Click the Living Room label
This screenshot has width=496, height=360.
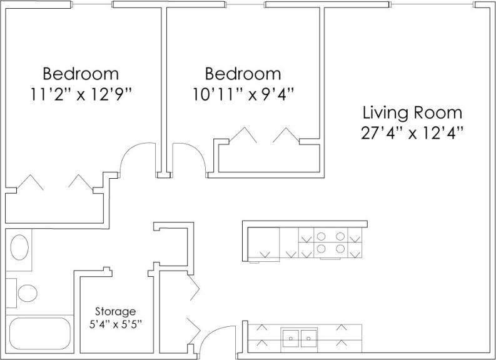click(412, 113)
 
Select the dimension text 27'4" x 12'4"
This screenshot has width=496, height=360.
click(412, 133)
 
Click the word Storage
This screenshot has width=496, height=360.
click(115, 311)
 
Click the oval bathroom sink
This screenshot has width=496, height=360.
click(19, 247)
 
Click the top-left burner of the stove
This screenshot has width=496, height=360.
click(322, 237)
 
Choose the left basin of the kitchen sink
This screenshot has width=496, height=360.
click(291, 338)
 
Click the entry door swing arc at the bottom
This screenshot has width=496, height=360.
click(216, 341)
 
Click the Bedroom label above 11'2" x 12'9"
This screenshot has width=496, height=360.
click(81, 74)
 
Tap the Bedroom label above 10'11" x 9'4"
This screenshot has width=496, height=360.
click(243, 74)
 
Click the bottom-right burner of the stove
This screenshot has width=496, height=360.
click(340, 249)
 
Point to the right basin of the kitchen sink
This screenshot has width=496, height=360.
click(309, 338)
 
